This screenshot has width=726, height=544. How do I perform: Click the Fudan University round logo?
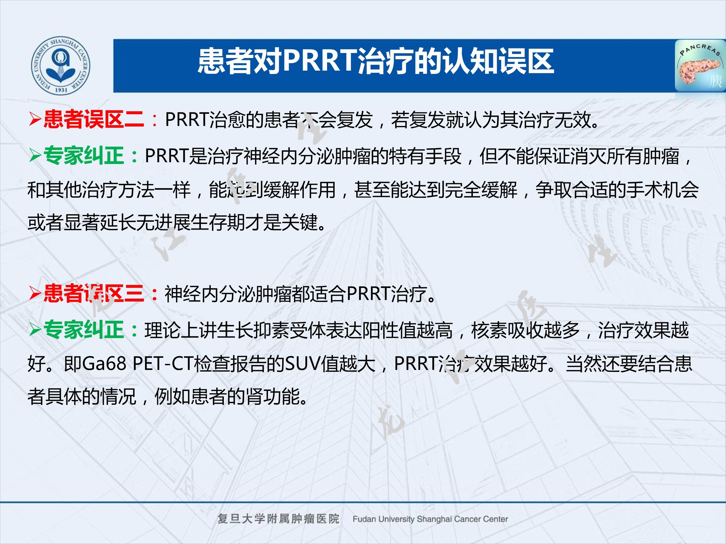[61, 66]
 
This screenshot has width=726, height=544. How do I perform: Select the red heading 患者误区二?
[93, 119]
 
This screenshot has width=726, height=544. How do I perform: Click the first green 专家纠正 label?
[83, 156]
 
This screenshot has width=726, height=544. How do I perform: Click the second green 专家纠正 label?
[83, 329]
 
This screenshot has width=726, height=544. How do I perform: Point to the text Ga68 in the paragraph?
[104, 364]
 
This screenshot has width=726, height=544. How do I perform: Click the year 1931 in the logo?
[61, 90]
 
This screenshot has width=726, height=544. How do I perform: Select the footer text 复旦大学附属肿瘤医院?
[278, 519]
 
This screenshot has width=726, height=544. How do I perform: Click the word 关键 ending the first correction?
[300, 223]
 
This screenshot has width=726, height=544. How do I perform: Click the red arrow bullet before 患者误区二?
[34, 119]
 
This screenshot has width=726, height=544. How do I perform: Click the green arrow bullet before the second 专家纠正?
[34, 330]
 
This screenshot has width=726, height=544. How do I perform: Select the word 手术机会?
[662, 190]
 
